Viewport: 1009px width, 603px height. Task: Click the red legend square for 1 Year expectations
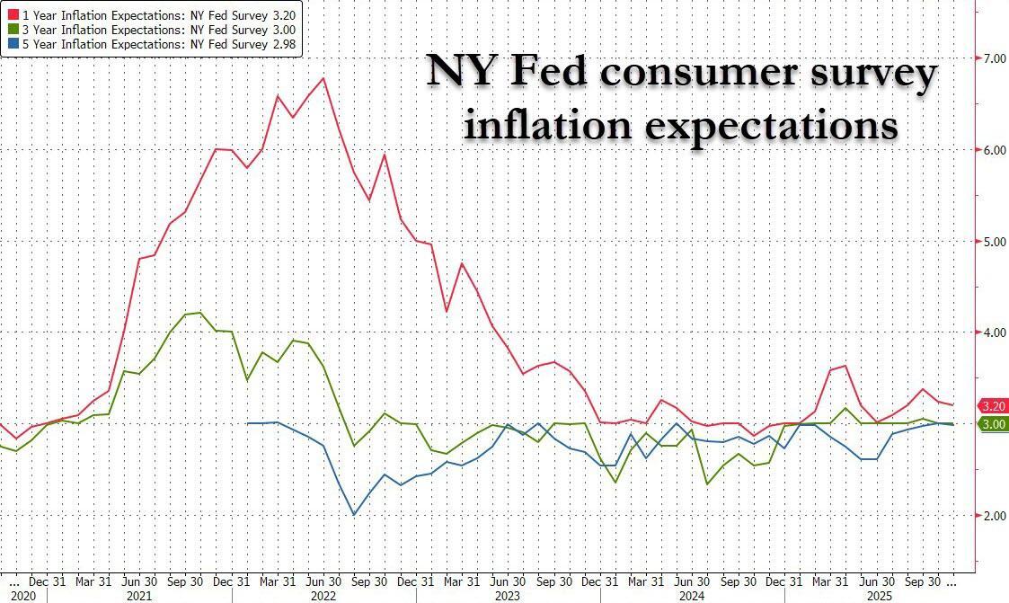pos(13,14)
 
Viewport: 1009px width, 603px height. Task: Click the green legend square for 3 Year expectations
pos(13,29)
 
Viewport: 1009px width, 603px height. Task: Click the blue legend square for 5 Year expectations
pos(13,43)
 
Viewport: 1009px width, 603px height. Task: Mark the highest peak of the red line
pos(323,78)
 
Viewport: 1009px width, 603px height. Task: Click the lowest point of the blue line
pos(354,515)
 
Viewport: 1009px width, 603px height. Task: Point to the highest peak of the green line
pos(199,313)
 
